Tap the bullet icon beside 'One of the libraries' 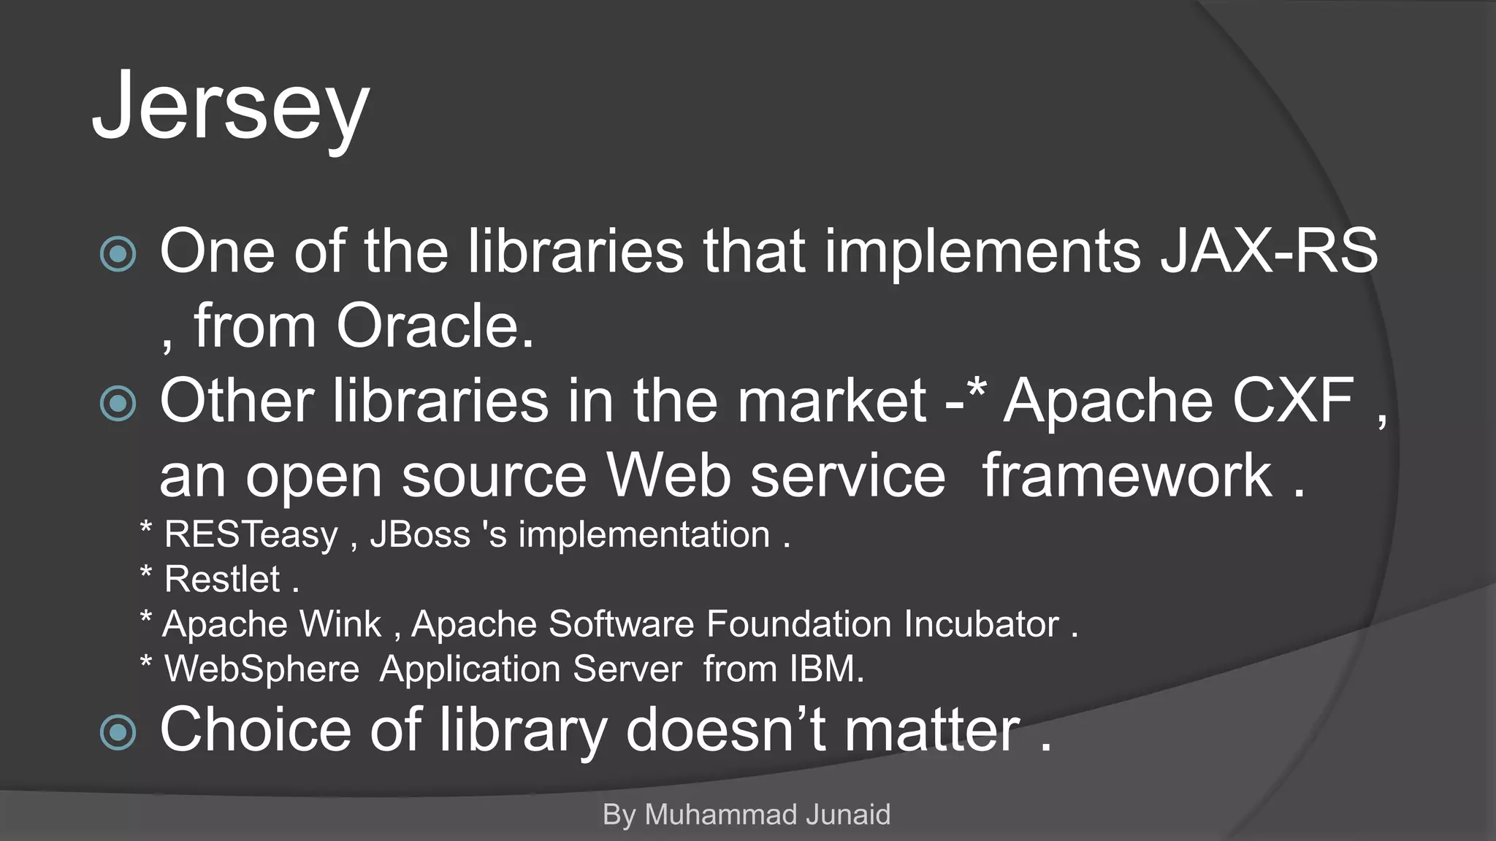118,254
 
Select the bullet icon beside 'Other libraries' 118,404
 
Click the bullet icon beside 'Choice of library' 118,732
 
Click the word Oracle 435,326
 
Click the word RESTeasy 251,535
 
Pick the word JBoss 420,534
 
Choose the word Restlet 222,580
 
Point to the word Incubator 981,624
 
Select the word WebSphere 262,669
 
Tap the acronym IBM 825,669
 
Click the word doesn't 726,729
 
